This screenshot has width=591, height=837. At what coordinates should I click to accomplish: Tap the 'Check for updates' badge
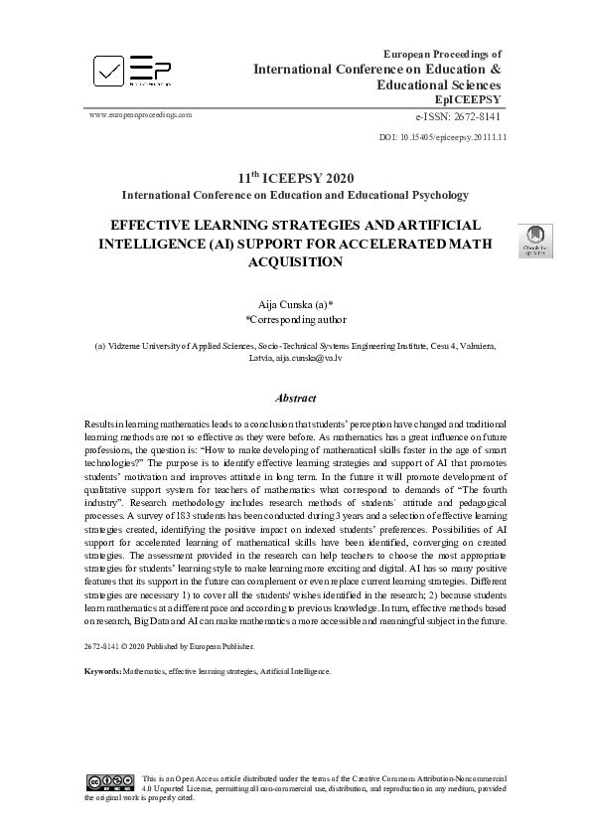coord(535,241)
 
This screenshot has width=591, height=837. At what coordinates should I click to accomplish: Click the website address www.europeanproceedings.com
coord(140,114)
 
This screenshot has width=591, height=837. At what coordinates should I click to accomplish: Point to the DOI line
coord(444,137)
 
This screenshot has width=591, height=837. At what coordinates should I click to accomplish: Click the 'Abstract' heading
coord(295,399)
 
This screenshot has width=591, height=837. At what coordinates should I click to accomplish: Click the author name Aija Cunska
coord(290,302)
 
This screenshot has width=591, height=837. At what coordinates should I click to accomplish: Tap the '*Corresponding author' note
coord(296,320)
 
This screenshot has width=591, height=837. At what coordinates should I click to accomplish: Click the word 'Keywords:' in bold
coord(102,671)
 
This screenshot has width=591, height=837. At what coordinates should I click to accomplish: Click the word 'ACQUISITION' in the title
coord(295,262)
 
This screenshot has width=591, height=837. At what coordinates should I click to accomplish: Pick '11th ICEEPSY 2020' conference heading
coord(295,177)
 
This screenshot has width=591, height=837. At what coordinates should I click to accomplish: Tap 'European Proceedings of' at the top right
coord(442,53)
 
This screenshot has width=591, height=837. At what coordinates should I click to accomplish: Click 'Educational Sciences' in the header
coord(437,85)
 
